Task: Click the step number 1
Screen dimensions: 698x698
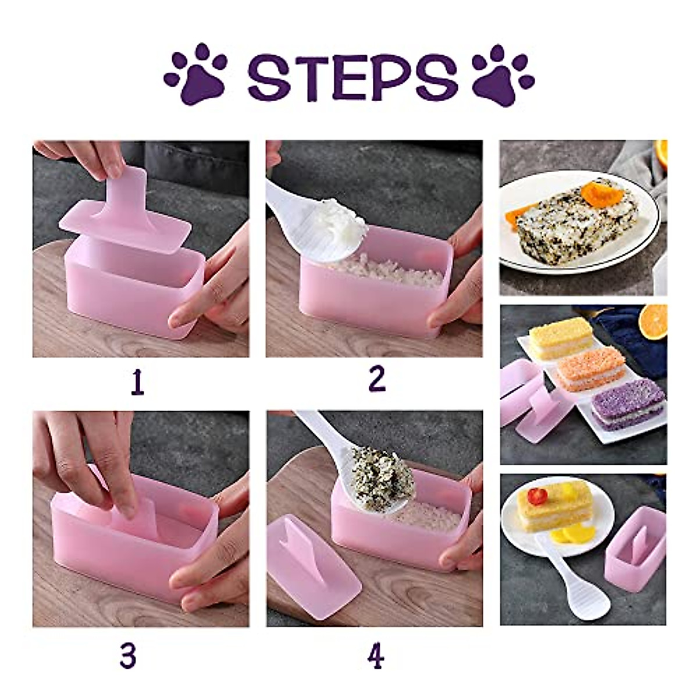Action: click(x=137, y=383)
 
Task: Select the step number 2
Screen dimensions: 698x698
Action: click(x=377, y=379)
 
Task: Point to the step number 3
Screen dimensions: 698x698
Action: click(x=128, y=656)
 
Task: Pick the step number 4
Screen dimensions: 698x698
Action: click(x=376, y=657)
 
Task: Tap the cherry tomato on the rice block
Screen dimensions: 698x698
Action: click(x=538, y=496)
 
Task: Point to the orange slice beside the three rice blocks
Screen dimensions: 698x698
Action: click(x=653, y=321)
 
